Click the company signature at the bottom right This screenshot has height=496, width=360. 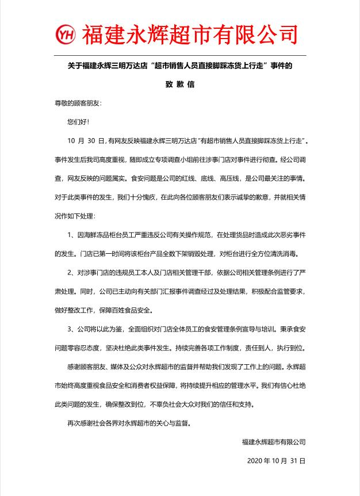coord(274,442)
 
